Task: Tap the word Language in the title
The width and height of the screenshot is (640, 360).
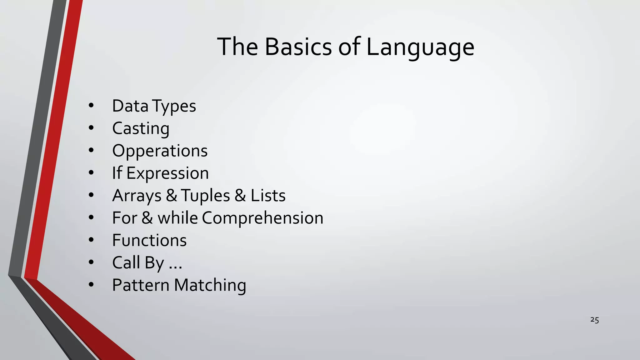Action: pos(420,47)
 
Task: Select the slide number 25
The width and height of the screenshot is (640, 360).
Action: pos(594,320)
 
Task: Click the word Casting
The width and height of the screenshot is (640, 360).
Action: pos(141,129)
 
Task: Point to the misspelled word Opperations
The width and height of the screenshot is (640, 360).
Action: pos(160,151)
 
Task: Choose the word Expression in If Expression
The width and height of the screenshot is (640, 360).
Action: pos(167,173)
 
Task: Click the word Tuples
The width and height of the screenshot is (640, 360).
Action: pos(205,196)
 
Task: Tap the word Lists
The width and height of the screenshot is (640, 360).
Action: pos(268,196)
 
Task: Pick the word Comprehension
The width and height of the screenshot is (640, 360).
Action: pos(262,218)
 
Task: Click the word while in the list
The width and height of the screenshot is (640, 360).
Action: pos(177,218)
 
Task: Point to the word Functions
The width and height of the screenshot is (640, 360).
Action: pos(149,240)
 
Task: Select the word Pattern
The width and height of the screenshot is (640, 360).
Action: pos(141,285)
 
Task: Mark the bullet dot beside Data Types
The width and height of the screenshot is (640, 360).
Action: pos(91,106)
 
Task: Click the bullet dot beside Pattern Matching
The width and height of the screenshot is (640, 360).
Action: pos(91,285)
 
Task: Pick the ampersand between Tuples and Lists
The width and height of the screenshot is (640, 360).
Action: pos(240,196)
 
